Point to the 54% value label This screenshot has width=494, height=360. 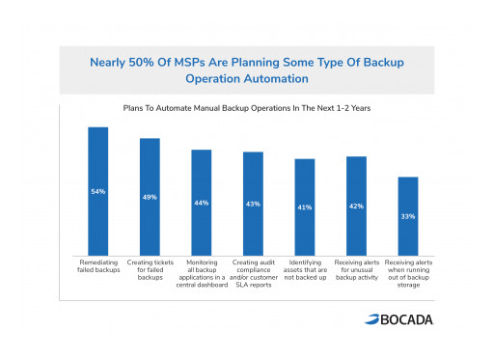[97, 192]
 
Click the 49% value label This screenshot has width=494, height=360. [150, 197]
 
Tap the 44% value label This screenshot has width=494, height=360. [201, 203]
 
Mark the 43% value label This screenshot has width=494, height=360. [253, 204]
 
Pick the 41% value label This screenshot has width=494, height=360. [305, 208]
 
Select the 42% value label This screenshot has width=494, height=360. [356, 206]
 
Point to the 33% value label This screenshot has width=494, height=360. [408, 216]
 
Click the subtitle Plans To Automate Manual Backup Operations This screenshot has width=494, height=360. [247, 108]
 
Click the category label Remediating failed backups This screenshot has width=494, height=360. [97, 265]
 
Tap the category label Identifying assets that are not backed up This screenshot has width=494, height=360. [305, 269]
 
